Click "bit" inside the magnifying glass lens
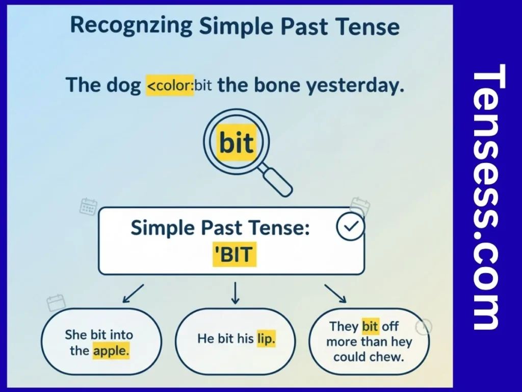coord(236,143)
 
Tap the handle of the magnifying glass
coord(279,183)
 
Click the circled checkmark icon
coord(351,228)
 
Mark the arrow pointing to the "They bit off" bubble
coord(335,294)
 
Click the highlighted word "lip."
coord(266,338)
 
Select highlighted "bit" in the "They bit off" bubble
coord(370,326)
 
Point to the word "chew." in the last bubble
coord(388,357)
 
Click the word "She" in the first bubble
coord(76,335)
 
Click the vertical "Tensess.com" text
coord(487,197)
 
